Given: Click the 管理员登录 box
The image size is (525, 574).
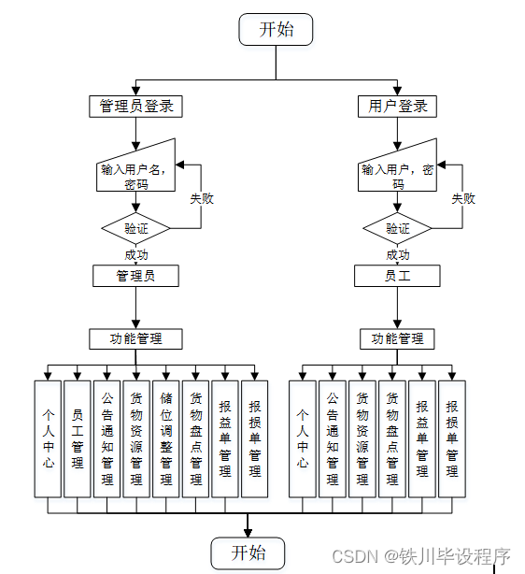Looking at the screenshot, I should click(x=136, y=106).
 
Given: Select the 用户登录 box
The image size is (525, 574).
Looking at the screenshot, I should click(x=397, y=106).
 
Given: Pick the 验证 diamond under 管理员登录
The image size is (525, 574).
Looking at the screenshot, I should click(x=136, y=228).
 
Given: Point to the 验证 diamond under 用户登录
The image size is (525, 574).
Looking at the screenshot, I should click(x=397, y=228).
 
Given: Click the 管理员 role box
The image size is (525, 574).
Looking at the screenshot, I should click(x=136, y=276).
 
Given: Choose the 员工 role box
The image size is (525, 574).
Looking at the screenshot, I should click(x=397, y=276).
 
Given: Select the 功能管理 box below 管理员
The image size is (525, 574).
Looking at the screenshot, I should click(x=136, y=338).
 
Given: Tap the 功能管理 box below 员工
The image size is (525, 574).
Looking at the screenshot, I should click(x=397, y=338).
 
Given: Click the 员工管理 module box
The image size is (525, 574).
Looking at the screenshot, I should click(x=78, y=438).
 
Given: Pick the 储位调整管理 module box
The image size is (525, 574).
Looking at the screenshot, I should click(x=166, y=438).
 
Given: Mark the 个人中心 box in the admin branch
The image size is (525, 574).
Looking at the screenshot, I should click(x=48, y=438).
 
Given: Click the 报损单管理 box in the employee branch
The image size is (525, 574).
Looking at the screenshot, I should click(x=452, y=438).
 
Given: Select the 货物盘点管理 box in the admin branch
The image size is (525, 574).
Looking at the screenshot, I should click(x=196, y=438).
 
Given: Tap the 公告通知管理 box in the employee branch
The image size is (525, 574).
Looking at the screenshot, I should click(x=333, y=438).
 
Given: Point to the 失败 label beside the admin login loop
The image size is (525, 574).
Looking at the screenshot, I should click(x=202, y=199).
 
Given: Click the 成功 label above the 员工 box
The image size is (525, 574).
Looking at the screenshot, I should click(x=397, y=254).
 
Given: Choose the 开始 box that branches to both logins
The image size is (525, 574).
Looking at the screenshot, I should click(x=276, y=29).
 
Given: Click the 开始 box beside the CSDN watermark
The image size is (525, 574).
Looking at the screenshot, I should click(x=248, y=552).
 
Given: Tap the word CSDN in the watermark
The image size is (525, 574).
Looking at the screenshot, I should click(x=354, y=557).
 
